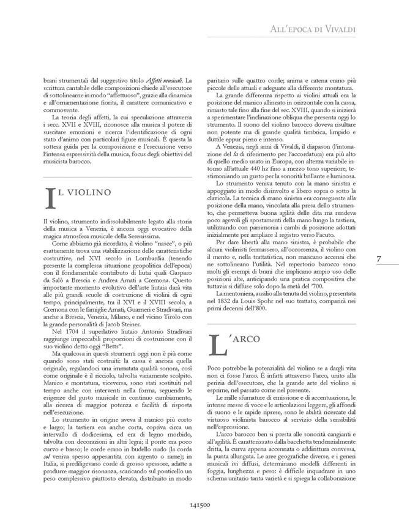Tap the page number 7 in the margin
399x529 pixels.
(380, 258)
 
